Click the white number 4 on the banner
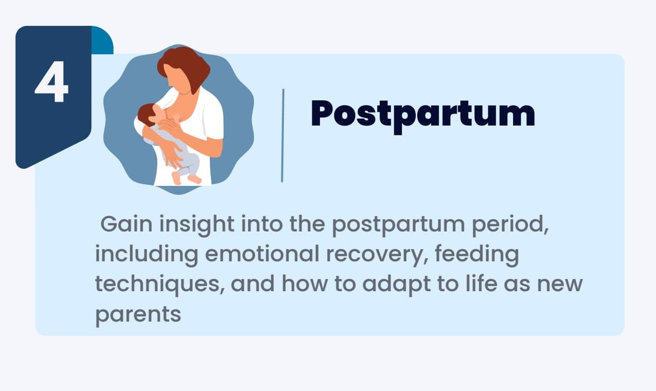pos(52,82)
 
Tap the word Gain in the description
pos(126,224)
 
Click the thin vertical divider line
pos(282,136)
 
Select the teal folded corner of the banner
pos(102,40)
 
